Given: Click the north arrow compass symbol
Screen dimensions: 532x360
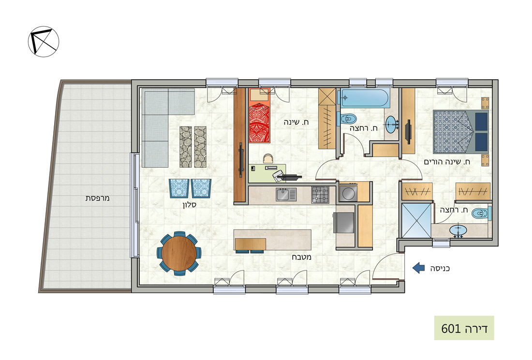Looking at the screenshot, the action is click(x=44, y=42).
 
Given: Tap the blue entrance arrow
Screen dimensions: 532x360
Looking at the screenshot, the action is click(x=418, y=268).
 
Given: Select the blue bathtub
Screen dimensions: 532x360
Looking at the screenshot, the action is click(x=364, y=98).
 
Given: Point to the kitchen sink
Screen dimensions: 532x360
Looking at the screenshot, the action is click(x=286, y=195).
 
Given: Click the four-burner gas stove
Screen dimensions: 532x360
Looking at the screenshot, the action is click(x=320, y=195).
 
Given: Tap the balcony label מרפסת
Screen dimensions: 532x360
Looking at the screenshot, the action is click(x=97, y=198).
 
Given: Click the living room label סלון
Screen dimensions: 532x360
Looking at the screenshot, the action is click(x=189, y=205).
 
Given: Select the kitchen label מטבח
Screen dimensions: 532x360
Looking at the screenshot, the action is click(x=302, y=257).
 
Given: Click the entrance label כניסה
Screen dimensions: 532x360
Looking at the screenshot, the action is click(x=440, y=269).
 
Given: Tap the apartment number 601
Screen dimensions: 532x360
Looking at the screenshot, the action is click(x=451, y=329).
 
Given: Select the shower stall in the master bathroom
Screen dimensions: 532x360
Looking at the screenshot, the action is click(x=416, y=220).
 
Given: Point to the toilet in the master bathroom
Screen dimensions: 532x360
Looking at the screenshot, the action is click(x=481, y=214).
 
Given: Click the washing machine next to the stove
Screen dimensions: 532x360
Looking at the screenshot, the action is click(x=348, y=192).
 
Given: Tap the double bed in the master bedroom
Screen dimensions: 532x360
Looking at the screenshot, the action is click(x=461, y=132).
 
